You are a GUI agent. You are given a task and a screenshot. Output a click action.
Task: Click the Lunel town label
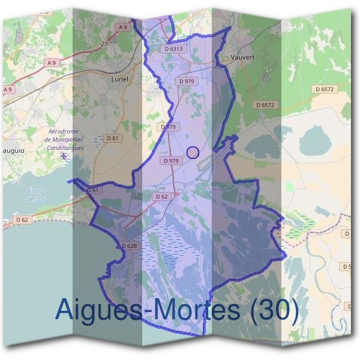(121, 79)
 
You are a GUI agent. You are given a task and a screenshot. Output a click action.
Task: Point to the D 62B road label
(130, 246)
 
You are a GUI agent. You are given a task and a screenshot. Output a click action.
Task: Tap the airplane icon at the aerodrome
(64, 157)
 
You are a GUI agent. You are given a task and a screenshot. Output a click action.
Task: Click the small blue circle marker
(193, 152)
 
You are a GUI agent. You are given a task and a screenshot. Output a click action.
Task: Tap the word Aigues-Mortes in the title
(146, 310)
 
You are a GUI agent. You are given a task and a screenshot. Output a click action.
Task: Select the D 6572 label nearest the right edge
(325, 89)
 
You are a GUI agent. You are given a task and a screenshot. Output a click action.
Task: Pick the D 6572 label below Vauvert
(264, 104)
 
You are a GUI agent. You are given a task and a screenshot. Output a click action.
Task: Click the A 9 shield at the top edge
(123, 27)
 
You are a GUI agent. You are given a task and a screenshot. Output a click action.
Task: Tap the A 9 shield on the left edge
(8, 89)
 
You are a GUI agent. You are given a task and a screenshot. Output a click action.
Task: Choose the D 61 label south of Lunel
(113, 138)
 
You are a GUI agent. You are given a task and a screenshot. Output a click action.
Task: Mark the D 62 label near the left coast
(22, 220)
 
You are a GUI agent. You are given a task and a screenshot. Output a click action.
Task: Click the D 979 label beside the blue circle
(170, 161)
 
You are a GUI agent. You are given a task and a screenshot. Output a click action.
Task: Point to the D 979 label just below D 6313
(187, 80)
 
